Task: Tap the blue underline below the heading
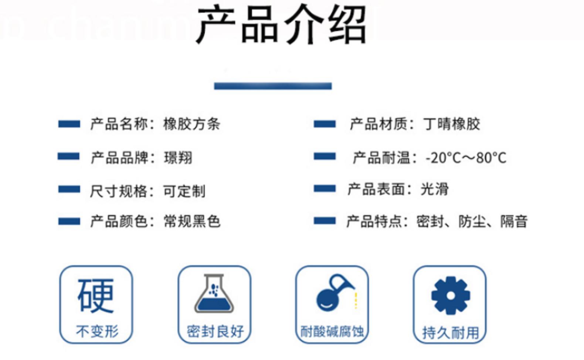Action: coord(273,86)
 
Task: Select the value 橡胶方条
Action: coord(191,124)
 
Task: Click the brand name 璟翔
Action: coord(178,157)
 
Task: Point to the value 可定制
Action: coord(184,191)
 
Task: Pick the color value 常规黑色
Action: coord(192,221)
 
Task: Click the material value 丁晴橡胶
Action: coord(451,124)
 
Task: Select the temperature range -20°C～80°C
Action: coord(466,158)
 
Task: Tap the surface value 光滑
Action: coord(435,189)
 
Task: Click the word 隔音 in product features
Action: coord(514,221)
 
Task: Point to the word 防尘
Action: coord(472,221)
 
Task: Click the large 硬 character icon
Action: coord(96,295)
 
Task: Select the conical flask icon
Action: coord(214,293)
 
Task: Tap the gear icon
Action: coord(451,295)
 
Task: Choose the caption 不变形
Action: coord(97,332)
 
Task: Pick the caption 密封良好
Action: coord(215,332)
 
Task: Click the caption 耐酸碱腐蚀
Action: coord(332,332)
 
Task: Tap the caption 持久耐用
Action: coord(451,333)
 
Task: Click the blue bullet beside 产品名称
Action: coord(69,124)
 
